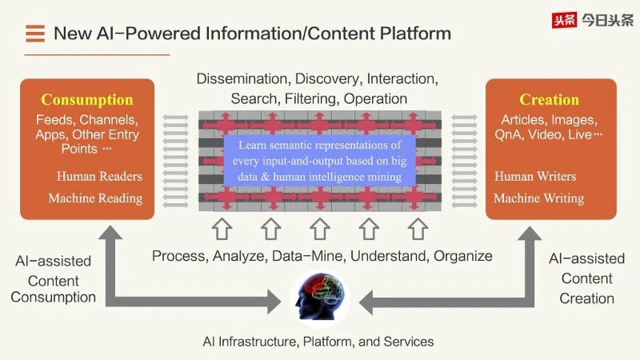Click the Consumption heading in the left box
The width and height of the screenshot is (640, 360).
point(86,100)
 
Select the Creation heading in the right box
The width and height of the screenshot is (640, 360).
point(549,100)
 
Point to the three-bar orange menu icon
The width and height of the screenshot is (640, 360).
point(34,34)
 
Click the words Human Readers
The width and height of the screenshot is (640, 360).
point(99,176)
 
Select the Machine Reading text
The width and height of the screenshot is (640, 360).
point(95,198)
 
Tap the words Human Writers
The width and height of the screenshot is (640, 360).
point(535,176)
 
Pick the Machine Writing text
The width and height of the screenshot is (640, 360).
point(538,198)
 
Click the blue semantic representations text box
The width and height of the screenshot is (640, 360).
point(319,161)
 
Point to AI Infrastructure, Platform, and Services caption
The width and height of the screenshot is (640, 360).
point(318,342)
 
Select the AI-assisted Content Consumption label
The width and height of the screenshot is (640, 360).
point(54,279)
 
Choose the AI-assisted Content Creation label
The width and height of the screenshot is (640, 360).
point(586,278)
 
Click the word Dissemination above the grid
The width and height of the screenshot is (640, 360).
point(242,79)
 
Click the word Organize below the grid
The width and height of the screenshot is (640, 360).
point(462,257)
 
